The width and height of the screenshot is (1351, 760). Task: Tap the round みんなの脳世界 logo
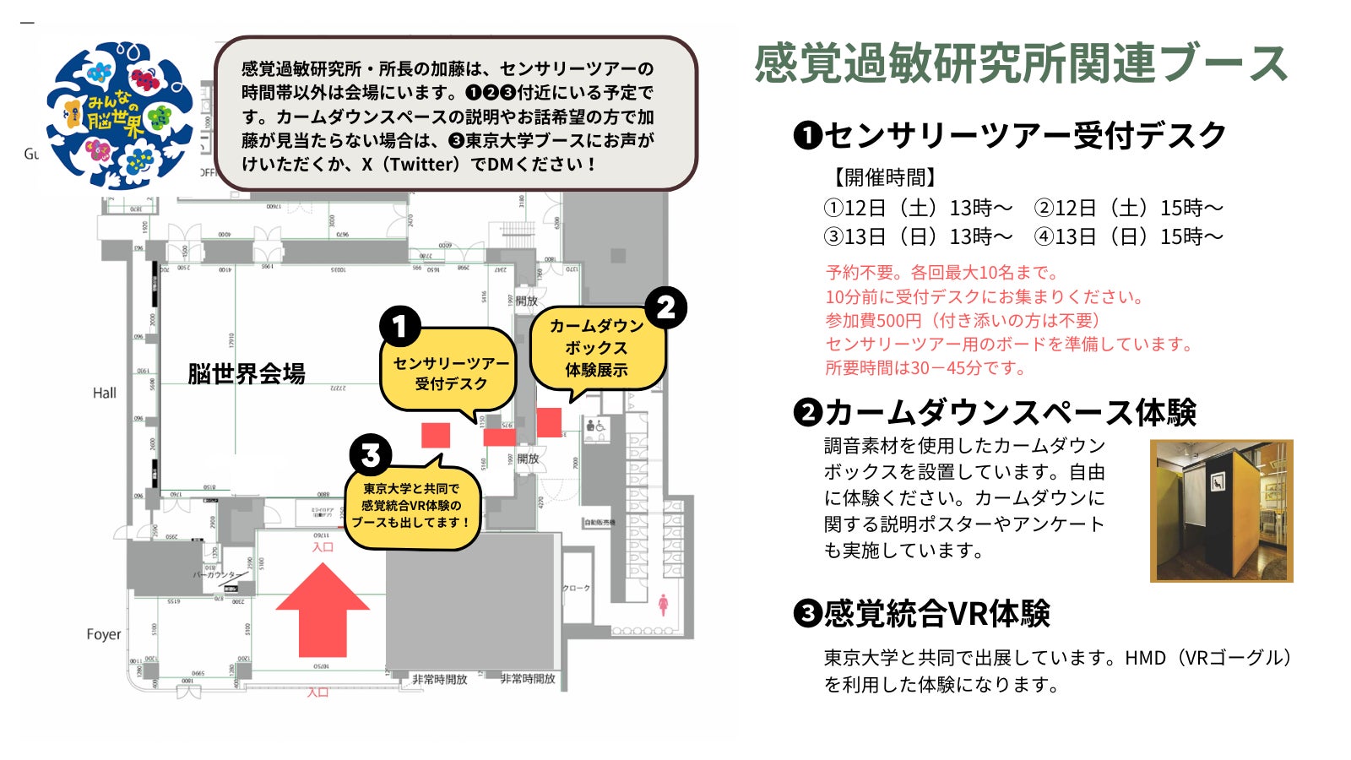click(119, 115)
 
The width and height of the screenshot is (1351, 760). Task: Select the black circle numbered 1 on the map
click(400, 327)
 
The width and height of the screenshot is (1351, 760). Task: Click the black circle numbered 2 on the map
click(665, 308)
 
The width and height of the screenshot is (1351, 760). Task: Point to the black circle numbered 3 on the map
click(370, 456)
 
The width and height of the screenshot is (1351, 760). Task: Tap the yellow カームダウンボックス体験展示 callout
click(597, 347)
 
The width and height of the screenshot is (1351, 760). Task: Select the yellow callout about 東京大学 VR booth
click(411, 506)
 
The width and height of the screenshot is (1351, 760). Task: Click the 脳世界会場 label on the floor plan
click(246, 373)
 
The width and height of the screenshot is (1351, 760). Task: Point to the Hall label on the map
click(105, 393)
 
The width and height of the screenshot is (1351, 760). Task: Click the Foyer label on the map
click(103, 634)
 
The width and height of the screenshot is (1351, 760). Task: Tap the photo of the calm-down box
click(1221, 511)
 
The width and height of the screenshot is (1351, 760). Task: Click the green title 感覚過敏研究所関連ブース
click(1021, 63)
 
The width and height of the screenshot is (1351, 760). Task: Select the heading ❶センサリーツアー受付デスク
click(1010, 135)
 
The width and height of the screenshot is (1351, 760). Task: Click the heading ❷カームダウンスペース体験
click(995, 412)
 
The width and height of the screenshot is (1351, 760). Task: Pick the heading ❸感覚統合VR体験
click(922, 614)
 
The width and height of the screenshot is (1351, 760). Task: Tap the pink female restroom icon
click(663, 604)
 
